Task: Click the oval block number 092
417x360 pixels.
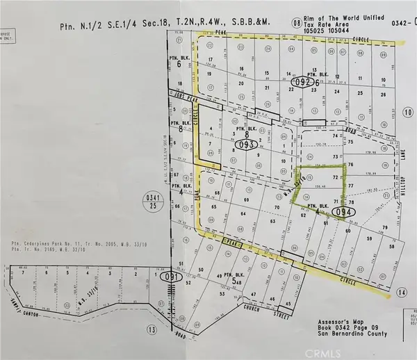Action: [x=301, y=81]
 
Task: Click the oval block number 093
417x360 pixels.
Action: [x=245, y=145]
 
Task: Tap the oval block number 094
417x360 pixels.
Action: [x=341, y=212]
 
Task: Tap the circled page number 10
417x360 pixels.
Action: [x=407, y=112]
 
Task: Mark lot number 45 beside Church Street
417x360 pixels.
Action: [x=285, y=304]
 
